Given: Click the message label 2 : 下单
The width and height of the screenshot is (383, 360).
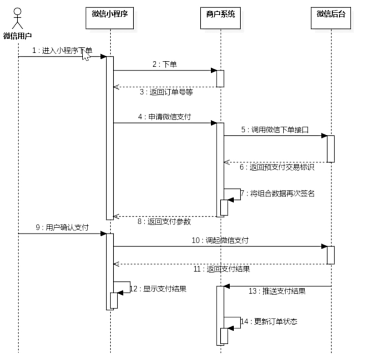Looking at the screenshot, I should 165,64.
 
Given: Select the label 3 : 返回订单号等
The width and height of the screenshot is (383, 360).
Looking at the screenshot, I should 166,92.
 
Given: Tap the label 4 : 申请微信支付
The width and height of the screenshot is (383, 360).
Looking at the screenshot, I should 165,117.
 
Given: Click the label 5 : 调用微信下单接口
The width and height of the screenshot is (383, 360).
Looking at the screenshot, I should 275,129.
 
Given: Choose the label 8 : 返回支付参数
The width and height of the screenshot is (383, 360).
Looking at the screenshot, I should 164,221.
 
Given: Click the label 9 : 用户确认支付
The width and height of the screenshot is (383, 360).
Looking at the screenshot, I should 62,228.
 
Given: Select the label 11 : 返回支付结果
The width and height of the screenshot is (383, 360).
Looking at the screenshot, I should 222,269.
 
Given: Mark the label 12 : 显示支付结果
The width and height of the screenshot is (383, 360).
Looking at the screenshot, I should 158,288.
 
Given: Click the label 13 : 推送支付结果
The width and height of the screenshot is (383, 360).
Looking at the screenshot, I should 277,291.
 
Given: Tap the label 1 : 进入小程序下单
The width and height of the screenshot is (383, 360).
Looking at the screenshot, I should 62,50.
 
